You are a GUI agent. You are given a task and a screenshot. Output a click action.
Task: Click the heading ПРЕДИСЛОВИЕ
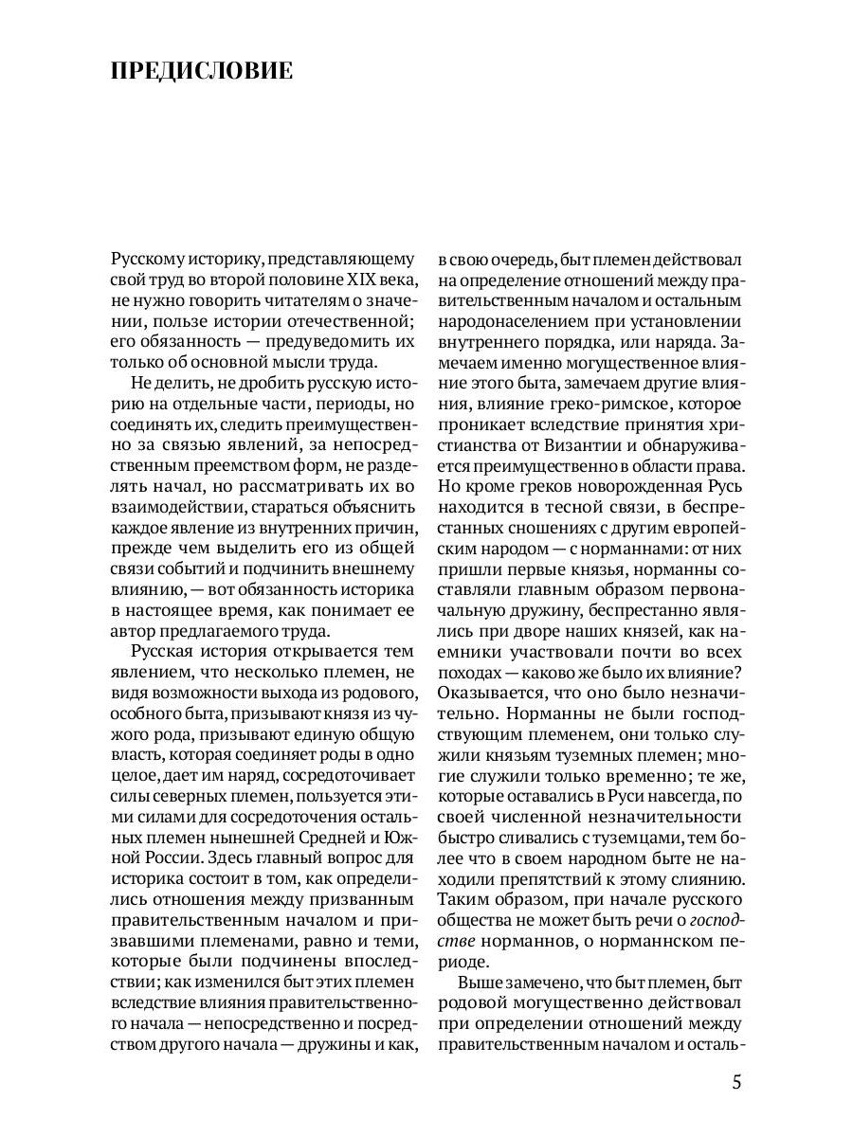click(201, 73)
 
